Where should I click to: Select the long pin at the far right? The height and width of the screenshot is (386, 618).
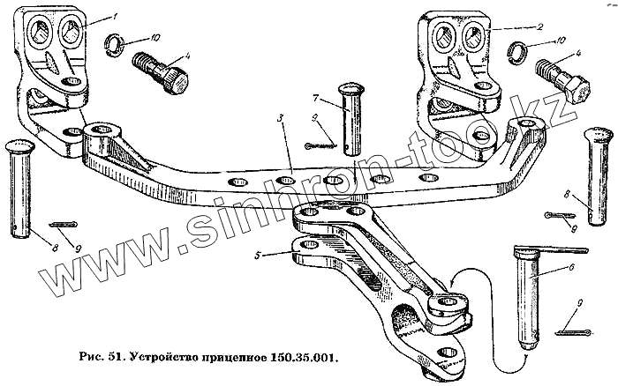pos(599,181)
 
